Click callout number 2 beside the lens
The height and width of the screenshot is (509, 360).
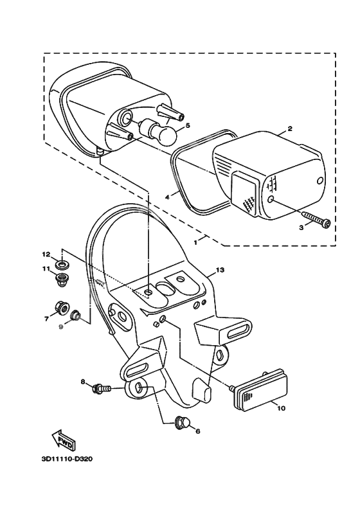click(290, 129)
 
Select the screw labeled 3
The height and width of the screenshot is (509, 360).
click(315, 220)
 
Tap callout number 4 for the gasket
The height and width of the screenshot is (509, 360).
click(166, 197)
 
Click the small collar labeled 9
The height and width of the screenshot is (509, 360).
click(76, 316)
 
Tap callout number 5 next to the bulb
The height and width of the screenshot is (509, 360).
click(188, 126)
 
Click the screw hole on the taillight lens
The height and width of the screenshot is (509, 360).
click(274, 201)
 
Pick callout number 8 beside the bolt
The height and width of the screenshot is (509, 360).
click(83, 382)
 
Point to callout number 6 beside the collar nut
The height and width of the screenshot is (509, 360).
click(197, 431)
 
